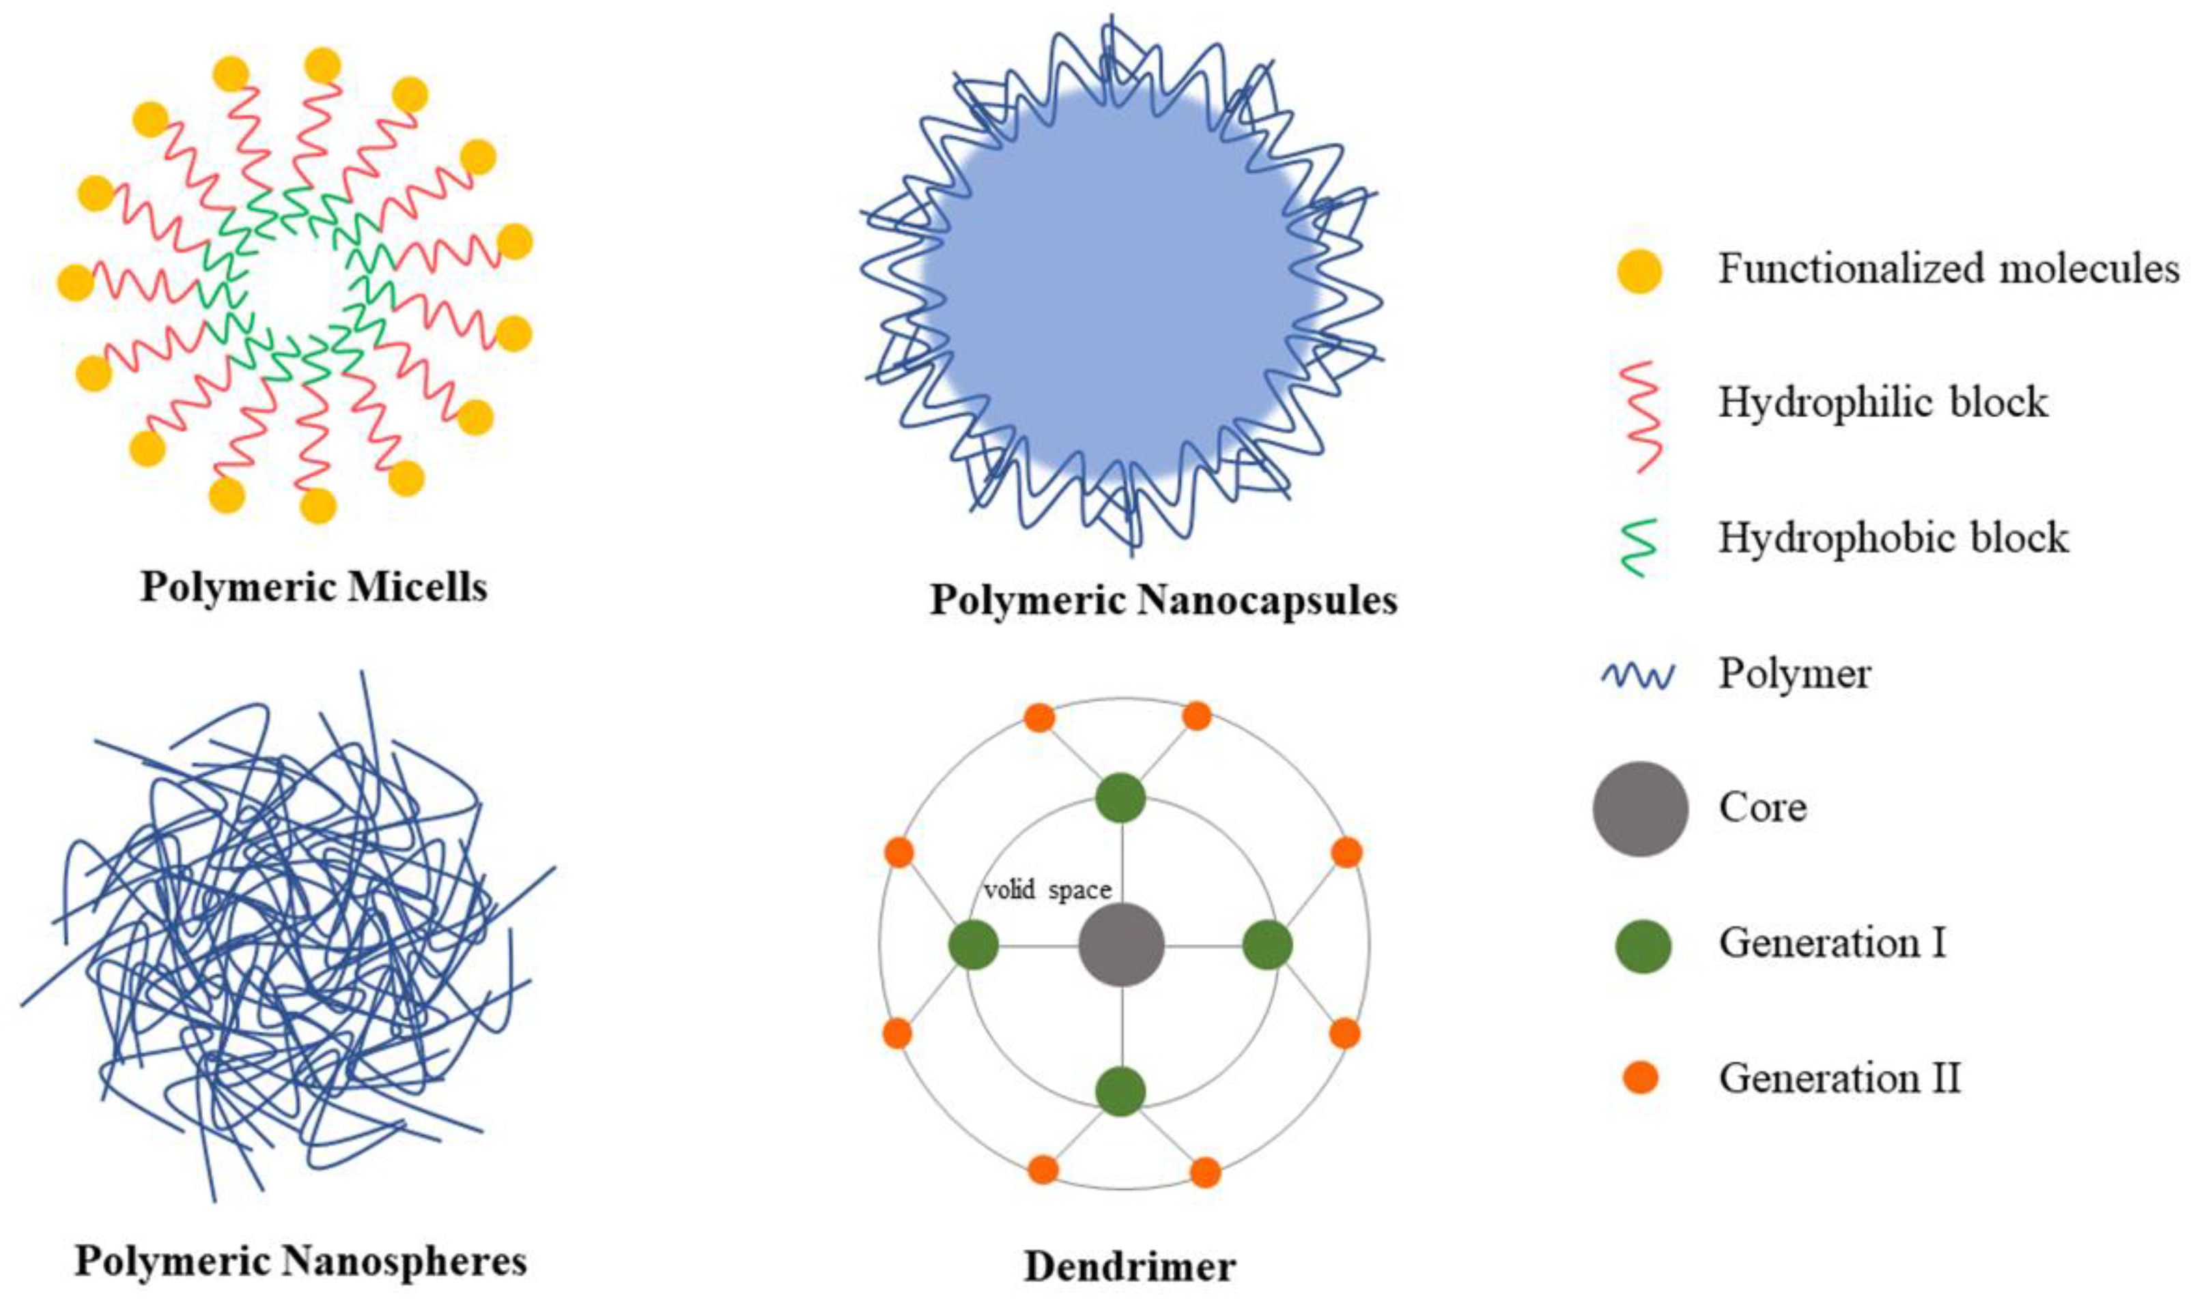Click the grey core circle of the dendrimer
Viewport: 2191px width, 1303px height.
pyautogui.click(x=1121, y=946)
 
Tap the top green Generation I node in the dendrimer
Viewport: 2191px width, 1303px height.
pyautogui.click(x=1121, y=798)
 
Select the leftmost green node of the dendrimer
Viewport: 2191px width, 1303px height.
pyautogui.click(x=974, y=946)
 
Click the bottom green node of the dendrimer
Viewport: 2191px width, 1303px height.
pyautogui.click(x=1121, y=1092)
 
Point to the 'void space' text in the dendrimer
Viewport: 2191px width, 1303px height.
pyautogui.click(x=1047, y=890)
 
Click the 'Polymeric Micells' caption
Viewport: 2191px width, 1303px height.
pyautogui.click(x=313, y=587)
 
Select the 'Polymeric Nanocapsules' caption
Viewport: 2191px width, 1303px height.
pyautogui.click(x=1163, y=600)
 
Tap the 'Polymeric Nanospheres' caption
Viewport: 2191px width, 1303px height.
pyautogui.click(x=300, y=1261)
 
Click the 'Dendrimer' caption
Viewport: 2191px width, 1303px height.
pyautogui.click(x=1130, y=1267)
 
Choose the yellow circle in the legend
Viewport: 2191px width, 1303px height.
pyautogui.click(x=1639, y=270)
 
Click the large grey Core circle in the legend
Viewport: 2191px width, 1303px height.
pyautogui.click(x=1640, y=808)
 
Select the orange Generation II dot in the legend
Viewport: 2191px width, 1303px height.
pyautogui.click(x=1640, y=1077)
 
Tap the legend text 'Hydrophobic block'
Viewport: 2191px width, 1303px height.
pyautogui.click(x=1893, y=538)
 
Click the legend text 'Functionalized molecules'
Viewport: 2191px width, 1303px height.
pyautogui.click(x=1949, y=269)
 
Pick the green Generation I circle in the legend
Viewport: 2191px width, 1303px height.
pyautogui.click(x=1642, y=946)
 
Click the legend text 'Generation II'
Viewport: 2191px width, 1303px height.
pyautogui.click(x=1839, y=1077)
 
